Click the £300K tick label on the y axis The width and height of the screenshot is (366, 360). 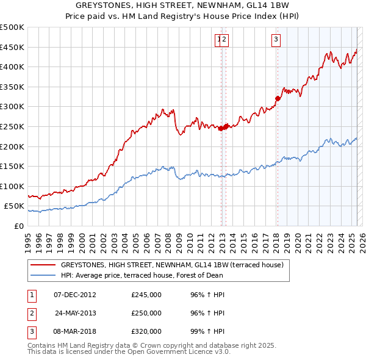tap(12, 107)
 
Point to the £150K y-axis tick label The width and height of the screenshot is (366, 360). tap(12, 166)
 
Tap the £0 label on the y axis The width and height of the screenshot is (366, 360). tap(18, 226)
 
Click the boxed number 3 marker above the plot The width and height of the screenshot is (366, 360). tap(276, 40)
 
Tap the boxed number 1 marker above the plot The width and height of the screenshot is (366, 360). tap(218, 40)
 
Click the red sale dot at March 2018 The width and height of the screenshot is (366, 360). tap(278, 98)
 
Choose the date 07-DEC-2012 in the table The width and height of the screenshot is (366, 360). tap(75, 295)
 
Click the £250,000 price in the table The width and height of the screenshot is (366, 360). tap(146, 313)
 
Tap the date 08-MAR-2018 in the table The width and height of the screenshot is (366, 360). tap(75, 331)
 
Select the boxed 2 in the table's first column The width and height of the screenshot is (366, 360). tap(31, 313)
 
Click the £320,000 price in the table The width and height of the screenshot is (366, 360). tap(146, 331)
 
